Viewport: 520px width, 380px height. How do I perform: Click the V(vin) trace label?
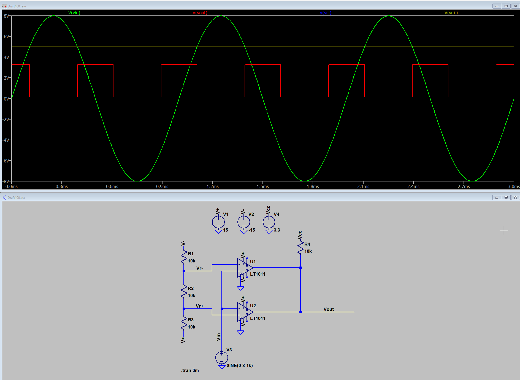click(74, 13)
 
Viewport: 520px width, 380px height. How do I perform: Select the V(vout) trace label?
click(200, 13)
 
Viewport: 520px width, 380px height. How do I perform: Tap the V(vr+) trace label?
click(451, 13)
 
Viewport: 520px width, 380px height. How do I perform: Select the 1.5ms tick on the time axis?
click(263, 186)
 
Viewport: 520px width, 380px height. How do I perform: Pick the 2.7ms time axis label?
click(464, 186)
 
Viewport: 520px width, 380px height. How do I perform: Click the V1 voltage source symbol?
click(218, 222)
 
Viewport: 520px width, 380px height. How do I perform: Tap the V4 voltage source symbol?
click(269, 222)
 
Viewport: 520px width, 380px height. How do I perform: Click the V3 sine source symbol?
click(222, 358)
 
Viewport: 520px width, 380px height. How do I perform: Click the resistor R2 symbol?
click(184, 292)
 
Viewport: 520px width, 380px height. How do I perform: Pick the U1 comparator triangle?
click(244, 268)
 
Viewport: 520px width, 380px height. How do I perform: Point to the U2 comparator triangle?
click(244, 312)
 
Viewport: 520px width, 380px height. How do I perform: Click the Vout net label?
click(329, 309)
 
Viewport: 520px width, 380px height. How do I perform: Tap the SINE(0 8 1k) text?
click(240, 365)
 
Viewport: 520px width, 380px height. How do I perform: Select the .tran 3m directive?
click(190, 370)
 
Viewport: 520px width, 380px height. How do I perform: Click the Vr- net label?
click(200, 268)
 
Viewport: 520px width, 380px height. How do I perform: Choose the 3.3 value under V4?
click(277, 230)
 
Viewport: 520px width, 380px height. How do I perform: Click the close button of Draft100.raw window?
click(515, 6)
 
